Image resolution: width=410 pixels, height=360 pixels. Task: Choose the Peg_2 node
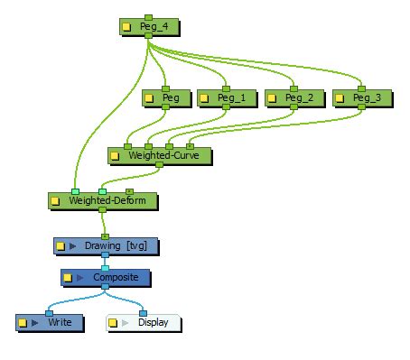point(298,97)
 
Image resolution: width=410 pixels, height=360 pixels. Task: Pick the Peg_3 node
point(366,97)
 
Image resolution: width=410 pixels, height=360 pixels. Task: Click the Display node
point(152,322)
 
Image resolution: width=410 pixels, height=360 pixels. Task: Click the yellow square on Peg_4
point(128,27)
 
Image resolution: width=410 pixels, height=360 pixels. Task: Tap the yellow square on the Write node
point(23,322)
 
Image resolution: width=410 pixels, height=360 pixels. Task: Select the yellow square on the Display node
point(114,322)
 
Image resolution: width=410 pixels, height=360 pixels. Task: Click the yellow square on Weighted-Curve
point(115,156)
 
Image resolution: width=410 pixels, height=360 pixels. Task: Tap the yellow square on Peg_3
point(340,97)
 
